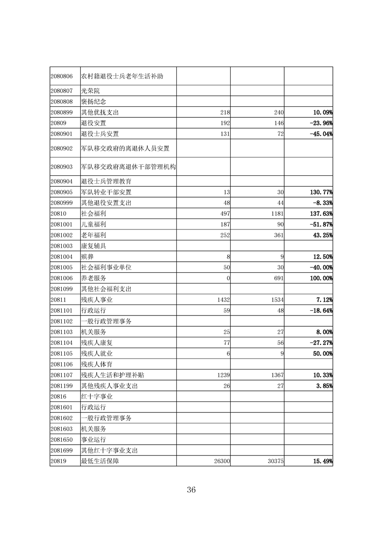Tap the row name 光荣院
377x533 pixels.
(90, 90)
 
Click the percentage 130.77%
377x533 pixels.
(318, 192)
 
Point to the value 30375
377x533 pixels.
(274, 461)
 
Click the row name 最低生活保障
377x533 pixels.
(103, 461)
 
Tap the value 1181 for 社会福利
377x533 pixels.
(276, 214)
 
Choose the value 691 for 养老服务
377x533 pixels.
(278, 278)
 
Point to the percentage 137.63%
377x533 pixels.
(318, 214)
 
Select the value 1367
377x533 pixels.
(276, 375)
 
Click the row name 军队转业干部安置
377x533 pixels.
(106, 192)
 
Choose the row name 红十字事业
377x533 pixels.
(97, 396)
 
